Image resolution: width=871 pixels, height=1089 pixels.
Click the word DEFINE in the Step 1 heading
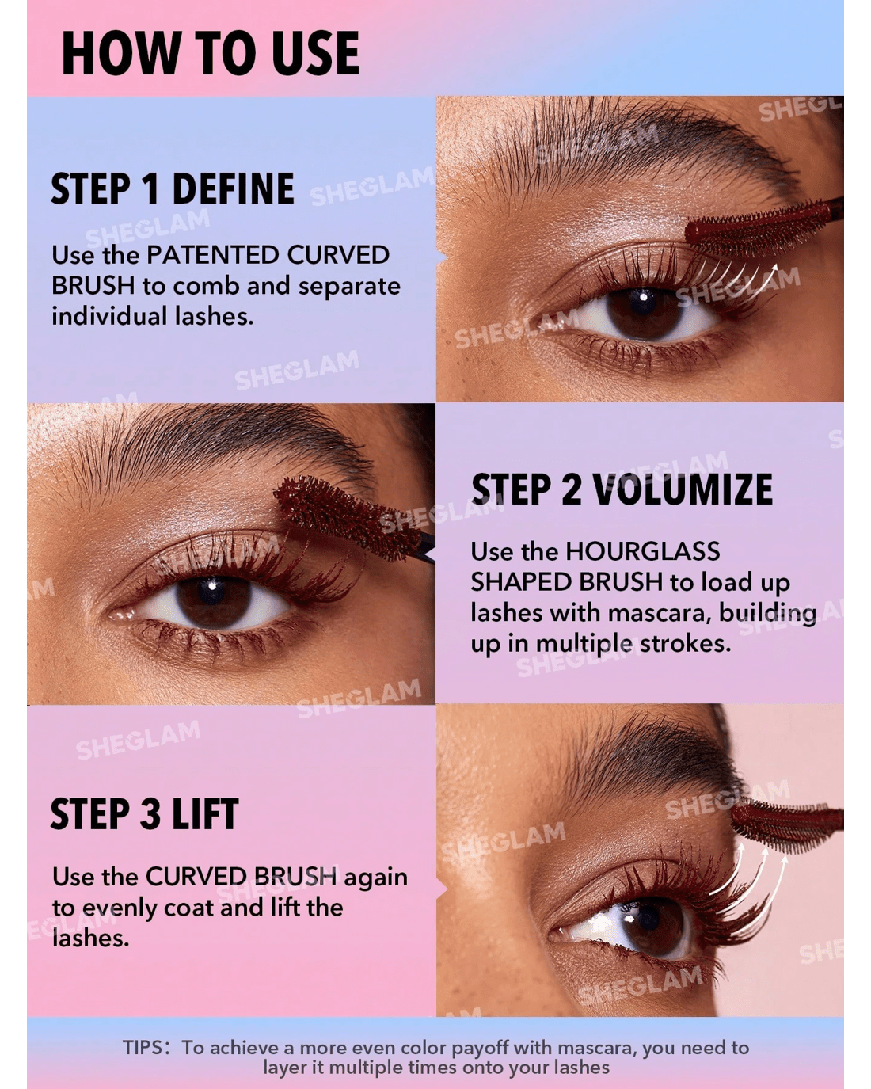233,188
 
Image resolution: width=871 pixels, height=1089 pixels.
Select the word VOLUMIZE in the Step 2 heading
683,489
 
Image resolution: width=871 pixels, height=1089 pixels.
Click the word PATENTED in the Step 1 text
212,255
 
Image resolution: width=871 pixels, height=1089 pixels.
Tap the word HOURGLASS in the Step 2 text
642,551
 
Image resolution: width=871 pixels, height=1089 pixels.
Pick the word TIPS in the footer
143,1047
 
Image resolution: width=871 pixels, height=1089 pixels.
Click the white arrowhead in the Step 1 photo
774,270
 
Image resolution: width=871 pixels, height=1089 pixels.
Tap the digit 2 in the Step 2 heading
570,489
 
